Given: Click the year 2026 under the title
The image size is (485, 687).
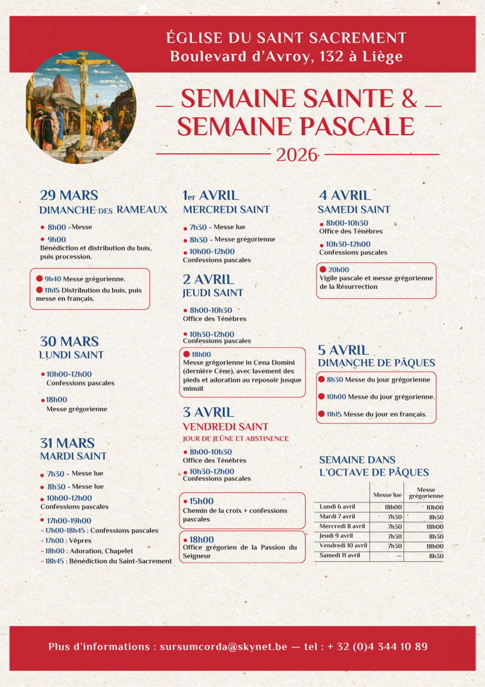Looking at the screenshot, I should [x=297, y=155].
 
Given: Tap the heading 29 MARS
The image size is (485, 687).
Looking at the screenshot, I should [x=69, y=195].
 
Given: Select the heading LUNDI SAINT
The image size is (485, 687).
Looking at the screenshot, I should [x=71, y=355].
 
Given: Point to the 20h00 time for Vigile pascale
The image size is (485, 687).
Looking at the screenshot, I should [x=338, y=270].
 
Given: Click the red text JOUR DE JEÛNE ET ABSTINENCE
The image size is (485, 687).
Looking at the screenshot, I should [x=236, y=439].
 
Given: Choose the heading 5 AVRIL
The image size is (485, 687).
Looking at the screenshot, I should [x=343, y=350].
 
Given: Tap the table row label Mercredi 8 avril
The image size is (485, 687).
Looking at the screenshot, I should [x=342, y=527].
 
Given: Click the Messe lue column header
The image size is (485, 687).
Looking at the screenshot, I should [x=388, y=495].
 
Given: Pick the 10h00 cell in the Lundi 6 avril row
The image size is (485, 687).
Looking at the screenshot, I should [x=435, y=508].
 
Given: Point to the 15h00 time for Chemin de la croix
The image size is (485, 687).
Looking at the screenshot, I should [x=201, y=501].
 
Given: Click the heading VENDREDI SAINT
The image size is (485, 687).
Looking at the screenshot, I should [x=226, y=427].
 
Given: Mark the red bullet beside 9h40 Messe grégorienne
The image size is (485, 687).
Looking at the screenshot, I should [x=39, y=278].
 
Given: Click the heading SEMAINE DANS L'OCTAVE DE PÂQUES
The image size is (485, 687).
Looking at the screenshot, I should [x=374, y=466].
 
